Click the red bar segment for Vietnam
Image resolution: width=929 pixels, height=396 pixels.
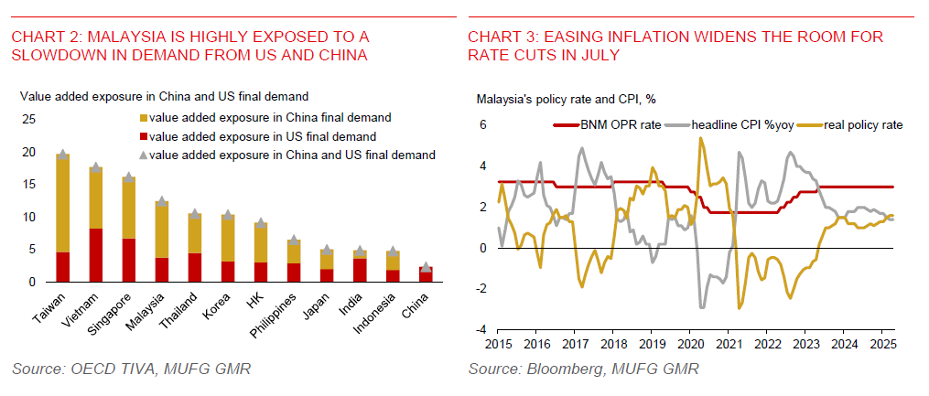(95, 255)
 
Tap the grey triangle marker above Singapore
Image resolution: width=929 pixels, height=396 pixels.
(129, 177)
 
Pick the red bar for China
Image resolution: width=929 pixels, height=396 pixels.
(426, 274)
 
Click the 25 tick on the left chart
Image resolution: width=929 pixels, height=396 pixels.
(28, 119)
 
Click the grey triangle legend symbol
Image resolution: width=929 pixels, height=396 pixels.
(144, 155)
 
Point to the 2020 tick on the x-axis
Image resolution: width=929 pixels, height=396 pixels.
(686, 345)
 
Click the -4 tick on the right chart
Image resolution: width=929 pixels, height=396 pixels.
(482, 329)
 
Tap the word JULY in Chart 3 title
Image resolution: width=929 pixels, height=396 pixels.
(596, 55)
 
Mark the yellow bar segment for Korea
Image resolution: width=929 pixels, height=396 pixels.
(228, 239)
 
